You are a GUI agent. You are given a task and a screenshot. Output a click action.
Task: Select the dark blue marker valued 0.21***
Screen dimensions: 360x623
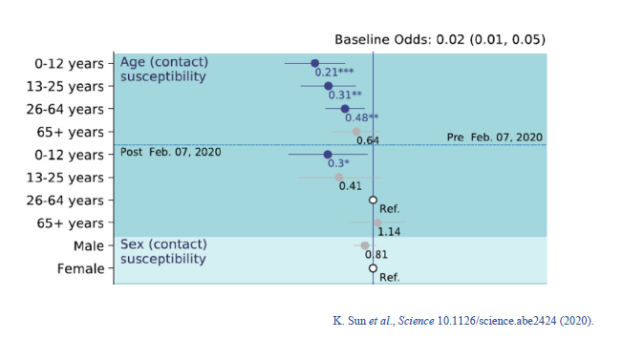(314, 63)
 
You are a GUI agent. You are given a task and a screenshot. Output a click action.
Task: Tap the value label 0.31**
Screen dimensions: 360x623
(345, 95)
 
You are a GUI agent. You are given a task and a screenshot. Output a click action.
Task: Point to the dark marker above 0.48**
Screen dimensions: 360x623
(345, 109)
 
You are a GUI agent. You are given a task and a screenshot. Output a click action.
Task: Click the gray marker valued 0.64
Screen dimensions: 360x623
(356, 132)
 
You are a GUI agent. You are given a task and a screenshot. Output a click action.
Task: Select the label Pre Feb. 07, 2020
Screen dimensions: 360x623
(494, 138)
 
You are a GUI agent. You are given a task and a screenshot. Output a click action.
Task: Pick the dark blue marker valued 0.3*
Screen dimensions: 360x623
(328, 154)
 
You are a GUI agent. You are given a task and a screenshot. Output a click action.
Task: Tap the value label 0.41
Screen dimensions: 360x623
(350, 185)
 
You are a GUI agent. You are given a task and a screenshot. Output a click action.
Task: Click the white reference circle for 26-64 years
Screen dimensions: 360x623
(374, 200)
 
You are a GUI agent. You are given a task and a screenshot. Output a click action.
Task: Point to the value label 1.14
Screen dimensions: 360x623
(389, 231)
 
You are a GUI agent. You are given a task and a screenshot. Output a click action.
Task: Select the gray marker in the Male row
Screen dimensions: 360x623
(364, 245)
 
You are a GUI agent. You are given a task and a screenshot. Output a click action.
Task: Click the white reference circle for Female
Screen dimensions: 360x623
(374, 268)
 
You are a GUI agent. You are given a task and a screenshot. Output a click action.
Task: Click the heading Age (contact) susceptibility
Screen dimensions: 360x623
(163, 69)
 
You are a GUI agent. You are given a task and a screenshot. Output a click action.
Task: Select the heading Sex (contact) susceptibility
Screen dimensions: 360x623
(163, 252)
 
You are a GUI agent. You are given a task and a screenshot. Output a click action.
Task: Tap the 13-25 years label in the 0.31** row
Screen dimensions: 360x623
(67, 86)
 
